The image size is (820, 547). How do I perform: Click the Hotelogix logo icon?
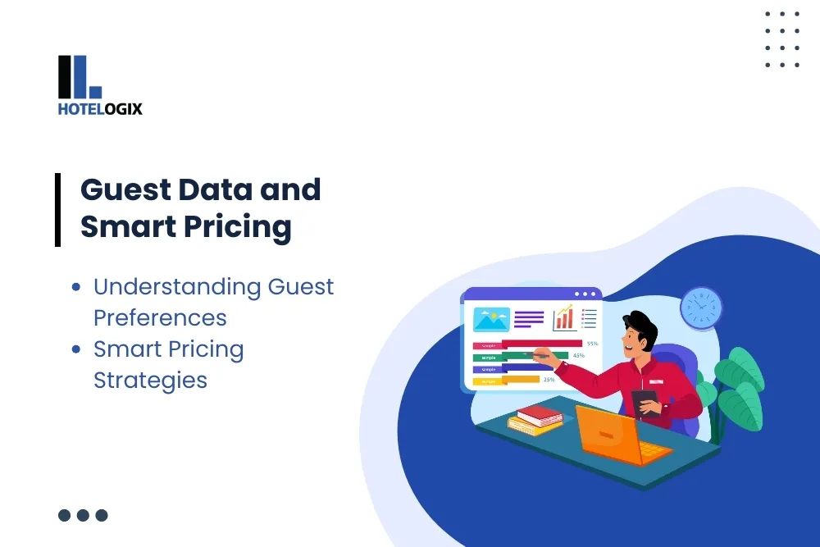(x=80, y=76)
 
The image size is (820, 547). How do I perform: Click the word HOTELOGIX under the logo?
(x=100, y=108)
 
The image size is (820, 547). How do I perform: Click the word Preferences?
(x=160, y=317)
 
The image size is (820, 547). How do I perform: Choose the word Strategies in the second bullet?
(x=150, y=381)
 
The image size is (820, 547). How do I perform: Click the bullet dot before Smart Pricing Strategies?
(x=76, y=349)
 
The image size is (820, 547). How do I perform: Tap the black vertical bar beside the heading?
(x=58, y=210)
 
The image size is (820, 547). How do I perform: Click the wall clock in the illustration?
(x=701, y=308)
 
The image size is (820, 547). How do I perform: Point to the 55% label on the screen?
(x=592, y=344)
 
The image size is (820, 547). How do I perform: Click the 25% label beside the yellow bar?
(x=549, y=380)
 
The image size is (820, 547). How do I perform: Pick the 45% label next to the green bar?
(x=578, y=356)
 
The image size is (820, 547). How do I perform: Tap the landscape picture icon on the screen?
(x=491, y=319)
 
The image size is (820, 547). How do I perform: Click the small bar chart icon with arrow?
(x=564, y=317)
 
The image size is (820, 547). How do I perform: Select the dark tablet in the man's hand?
(x=645, y=401)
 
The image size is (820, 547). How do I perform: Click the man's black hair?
(x=639, y=327)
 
